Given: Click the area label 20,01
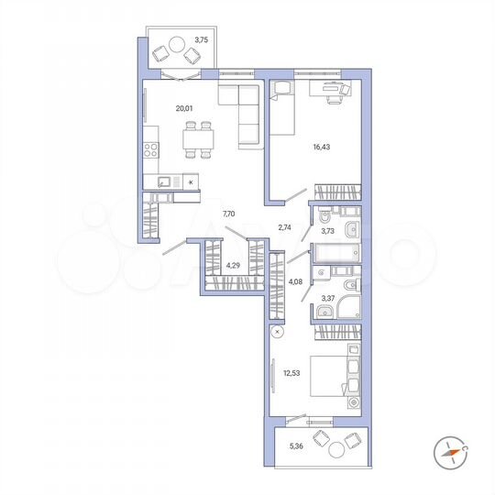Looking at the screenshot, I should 184,108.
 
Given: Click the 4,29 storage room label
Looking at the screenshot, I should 233,266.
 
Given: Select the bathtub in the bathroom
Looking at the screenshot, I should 336,255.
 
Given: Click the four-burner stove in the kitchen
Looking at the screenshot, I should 150,149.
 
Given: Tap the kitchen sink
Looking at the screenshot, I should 164,181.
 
